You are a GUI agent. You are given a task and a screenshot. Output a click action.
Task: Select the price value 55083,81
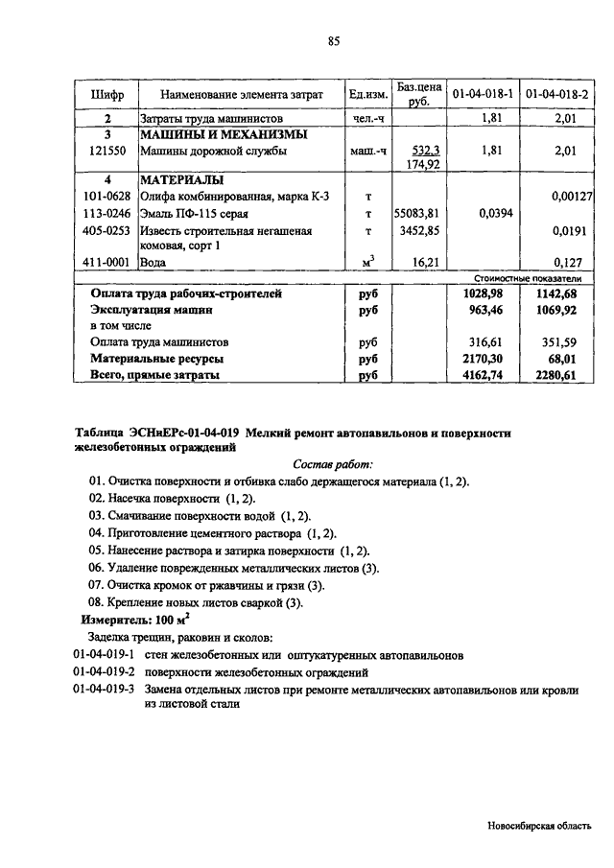click(x=414, y=213)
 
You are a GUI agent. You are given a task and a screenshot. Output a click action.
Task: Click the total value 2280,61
click(x=557, y=376)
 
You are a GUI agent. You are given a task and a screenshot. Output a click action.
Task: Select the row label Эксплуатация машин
click(x=151, y=310)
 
